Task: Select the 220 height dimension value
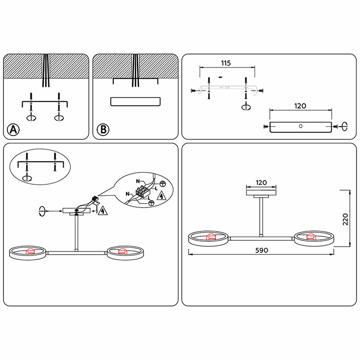click(x=345, y=219)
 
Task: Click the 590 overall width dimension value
click(x=261, y=250)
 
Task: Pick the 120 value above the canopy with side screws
click(x=300, y=106)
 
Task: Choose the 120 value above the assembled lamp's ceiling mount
click(x=261, y=183)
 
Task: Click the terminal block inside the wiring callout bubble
click(x=143, y=192)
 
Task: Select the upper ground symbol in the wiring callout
click(x=163, y=184)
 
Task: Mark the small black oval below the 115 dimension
click(x=220, y=77)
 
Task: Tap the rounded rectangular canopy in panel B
click(x=135, y=102)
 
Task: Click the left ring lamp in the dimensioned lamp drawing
click(x=208, y=238)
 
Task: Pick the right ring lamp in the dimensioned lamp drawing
click(x=314, y=238)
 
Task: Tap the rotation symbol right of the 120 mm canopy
click(x=345, y=126)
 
